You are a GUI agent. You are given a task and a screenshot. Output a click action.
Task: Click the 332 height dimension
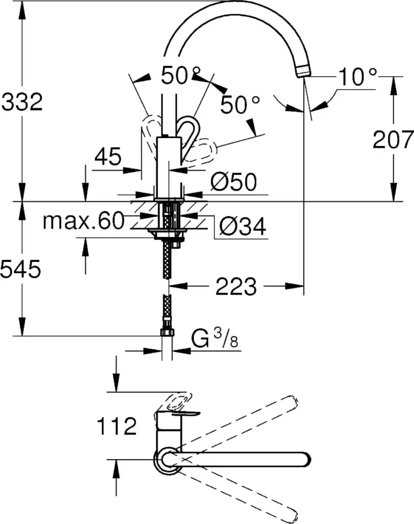[22, 102]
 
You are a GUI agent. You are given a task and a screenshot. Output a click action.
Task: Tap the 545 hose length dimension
[20, 269]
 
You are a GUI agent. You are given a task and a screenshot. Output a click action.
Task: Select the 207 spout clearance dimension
[393, 139]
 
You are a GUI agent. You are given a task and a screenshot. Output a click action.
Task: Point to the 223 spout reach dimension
[236, 287]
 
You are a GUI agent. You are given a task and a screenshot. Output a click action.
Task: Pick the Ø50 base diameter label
[234, 183]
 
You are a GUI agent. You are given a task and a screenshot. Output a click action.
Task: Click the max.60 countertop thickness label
[83, 221]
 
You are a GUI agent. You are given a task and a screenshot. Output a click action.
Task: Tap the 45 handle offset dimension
[107, 157]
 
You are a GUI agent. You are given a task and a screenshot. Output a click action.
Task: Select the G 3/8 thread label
[214, 339]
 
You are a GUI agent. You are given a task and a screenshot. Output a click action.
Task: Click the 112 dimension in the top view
[117, 426]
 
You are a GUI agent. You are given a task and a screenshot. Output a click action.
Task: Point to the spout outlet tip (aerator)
[304, 71]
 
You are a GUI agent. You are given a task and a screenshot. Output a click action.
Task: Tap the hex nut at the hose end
[167, 332]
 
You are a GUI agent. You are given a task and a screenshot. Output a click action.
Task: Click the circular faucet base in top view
[167, 460]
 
